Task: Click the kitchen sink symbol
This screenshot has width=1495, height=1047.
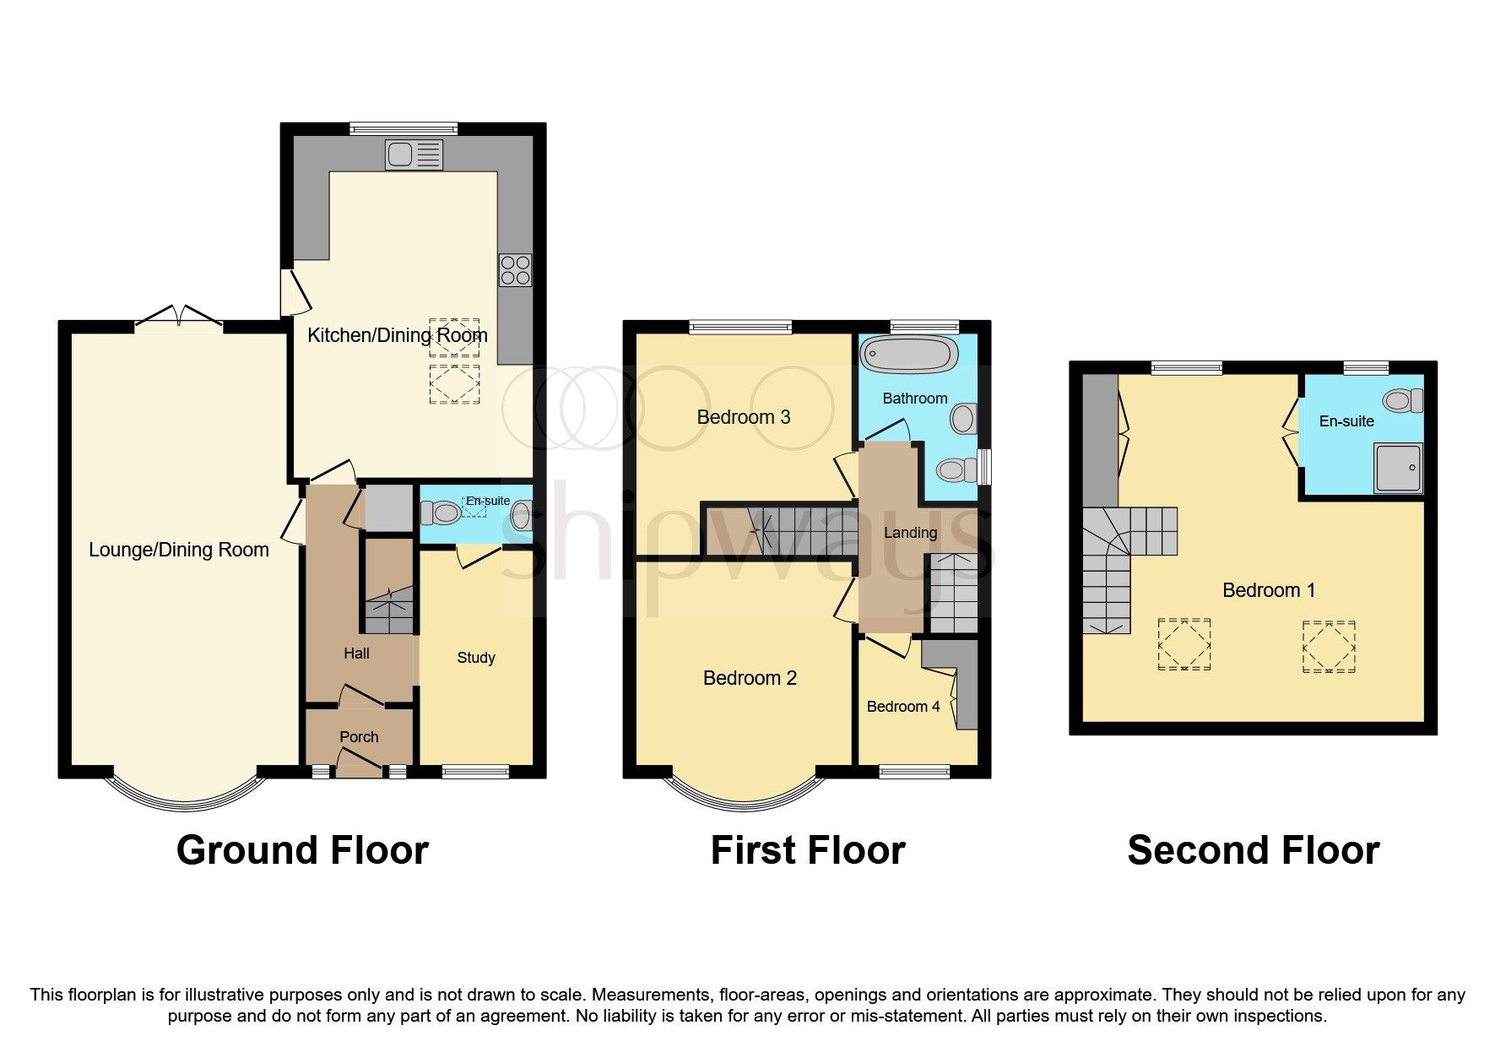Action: (x=414, y=155)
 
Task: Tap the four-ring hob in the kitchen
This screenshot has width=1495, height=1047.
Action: (x=515, y=270)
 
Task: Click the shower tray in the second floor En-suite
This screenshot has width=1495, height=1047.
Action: (x=1398, y=468)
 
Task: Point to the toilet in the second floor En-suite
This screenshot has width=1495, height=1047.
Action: (x=1402, y=400)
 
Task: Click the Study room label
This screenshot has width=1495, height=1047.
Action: (x=475, y=658)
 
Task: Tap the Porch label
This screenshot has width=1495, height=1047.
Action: (x=359, y=737)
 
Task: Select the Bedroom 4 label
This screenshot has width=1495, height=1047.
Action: (x=902, y=707)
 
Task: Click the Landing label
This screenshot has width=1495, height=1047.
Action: (x=909, y=533)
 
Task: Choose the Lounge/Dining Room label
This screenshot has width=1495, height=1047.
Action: (x=178, y=550)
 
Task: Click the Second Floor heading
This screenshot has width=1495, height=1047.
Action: (x=1253, y=850)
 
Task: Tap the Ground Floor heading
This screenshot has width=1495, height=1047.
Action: (x=302, y=850)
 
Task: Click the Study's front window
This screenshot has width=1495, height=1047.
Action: (x=475, y=771)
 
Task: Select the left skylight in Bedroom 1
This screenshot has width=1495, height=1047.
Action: (x=1184, y=644)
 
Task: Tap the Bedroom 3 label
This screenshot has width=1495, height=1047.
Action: (x=743, y=417)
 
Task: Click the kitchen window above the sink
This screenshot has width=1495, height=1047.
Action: (x=404, y=129)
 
